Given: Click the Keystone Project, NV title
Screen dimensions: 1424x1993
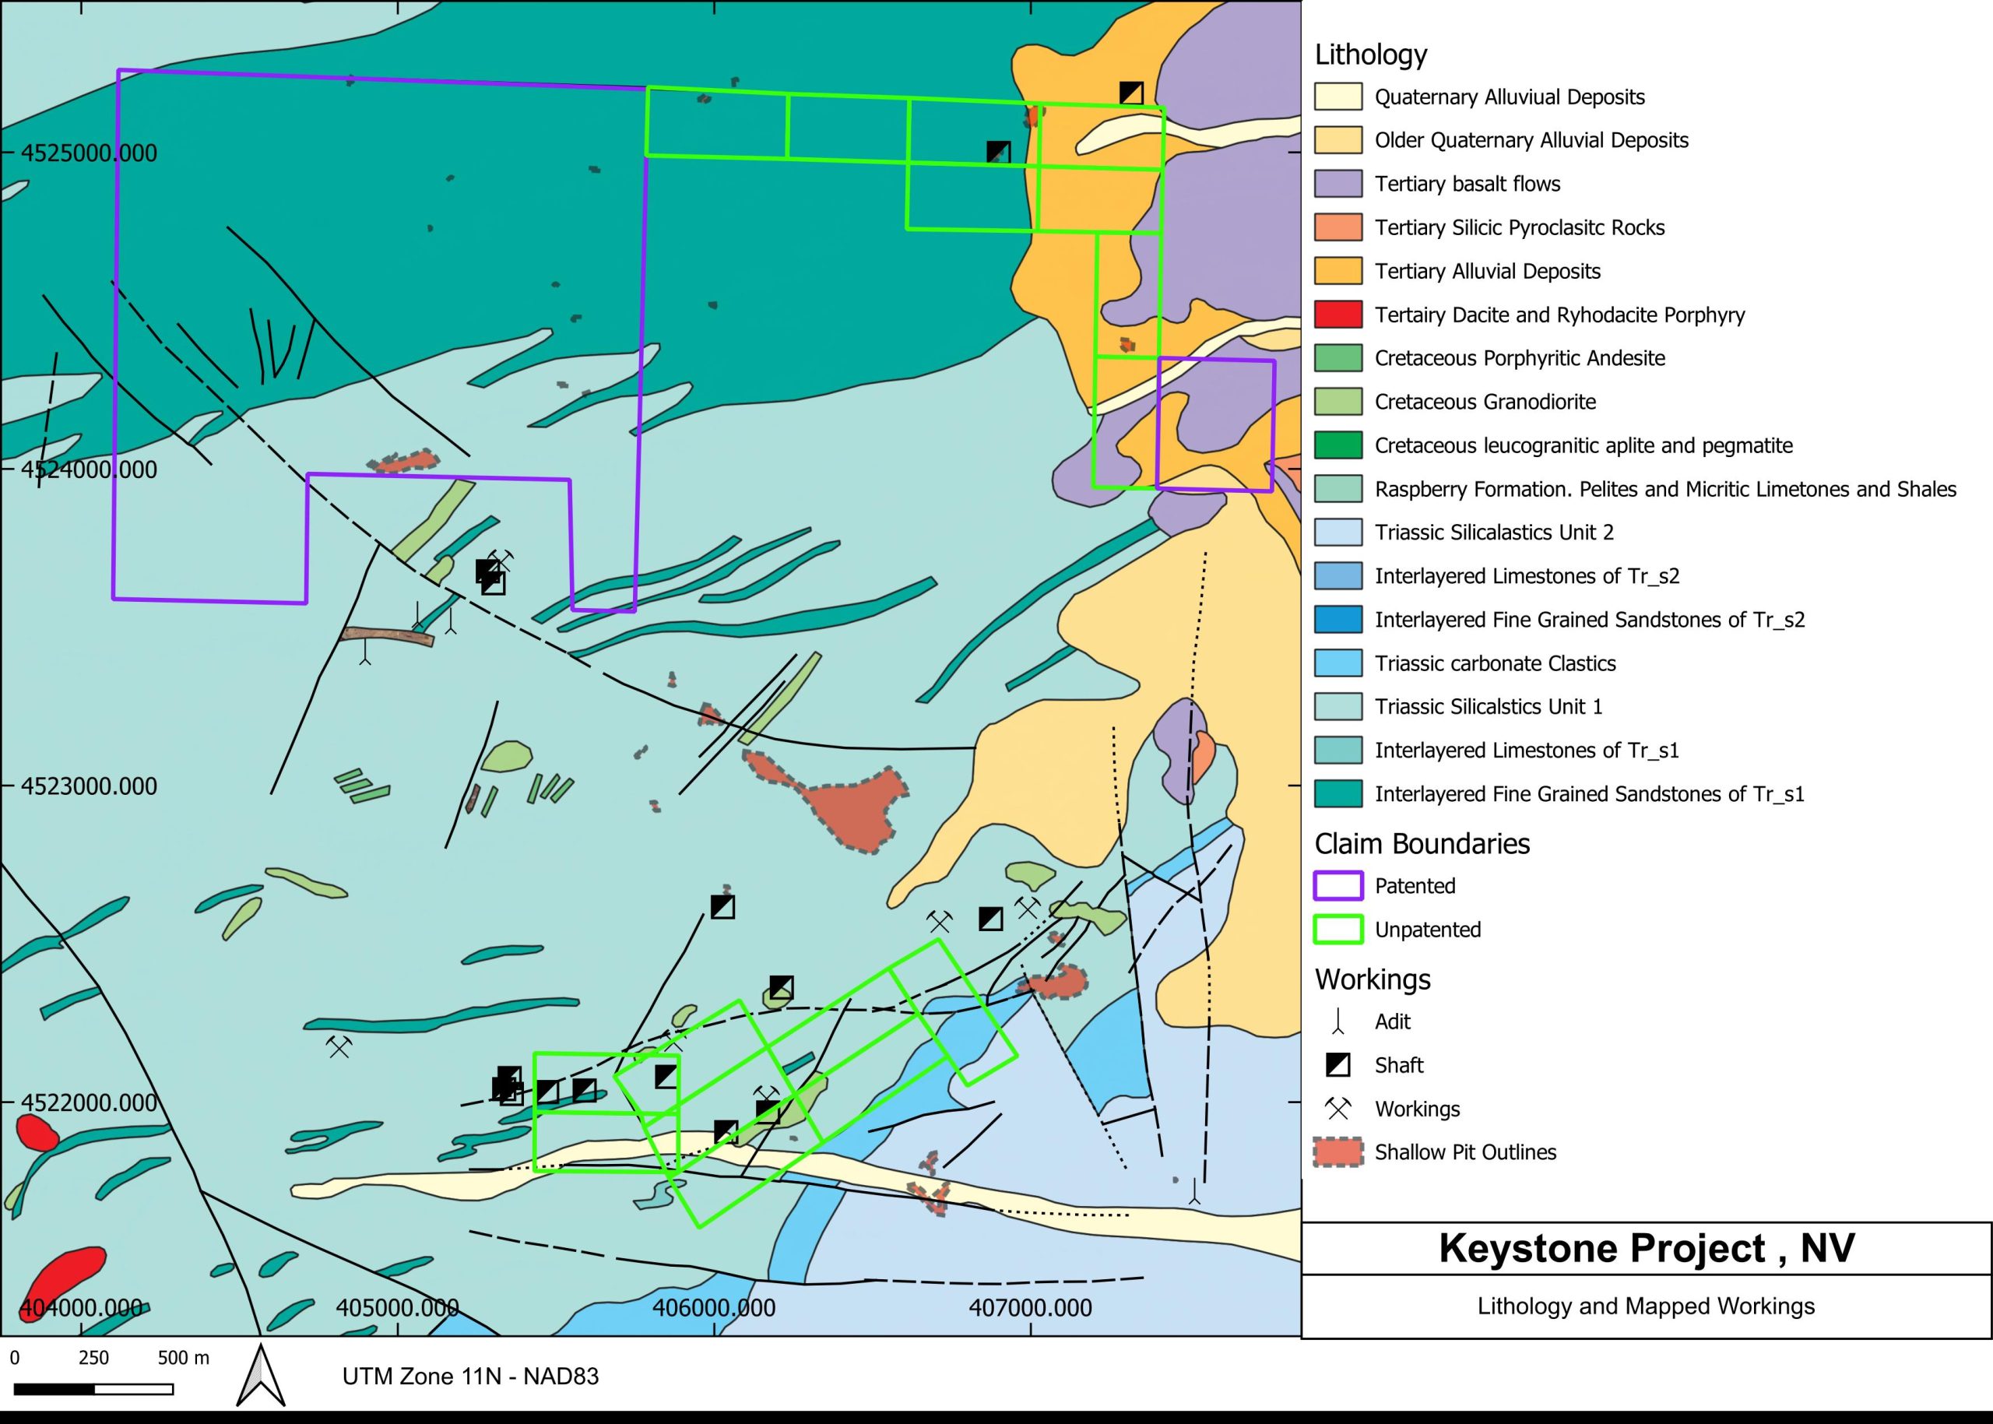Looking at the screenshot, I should (1646, 1248).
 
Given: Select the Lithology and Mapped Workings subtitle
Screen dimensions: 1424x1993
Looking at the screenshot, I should (1646, 1306).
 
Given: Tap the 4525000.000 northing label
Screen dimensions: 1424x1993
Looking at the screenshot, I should (89, 153).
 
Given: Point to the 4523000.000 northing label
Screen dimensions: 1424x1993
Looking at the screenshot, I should (89, 786).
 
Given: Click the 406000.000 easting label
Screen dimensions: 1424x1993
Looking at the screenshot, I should (714, 1307).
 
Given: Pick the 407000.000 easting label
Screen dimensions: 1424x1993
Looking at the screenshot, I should (1030, 1307).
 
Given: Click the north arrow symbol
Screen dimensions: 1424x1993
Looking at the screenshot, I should (262, 1375).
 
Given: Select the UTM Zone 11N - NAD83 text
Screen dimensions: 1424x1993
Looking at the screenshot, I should (470, 1376).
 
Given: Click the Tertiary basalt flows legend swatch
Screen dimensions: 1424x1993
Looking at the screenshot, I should (1337, 185).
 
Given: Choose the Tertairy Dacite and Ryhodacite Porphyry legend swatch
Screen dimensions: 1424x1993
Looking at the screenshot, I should (1337, 315).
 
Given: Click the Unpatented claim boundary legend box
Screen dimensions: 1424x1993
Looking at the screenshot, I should (1337, 930).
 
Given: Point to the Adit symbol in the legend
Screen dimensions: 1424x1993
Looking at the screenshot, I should (1337, 1021).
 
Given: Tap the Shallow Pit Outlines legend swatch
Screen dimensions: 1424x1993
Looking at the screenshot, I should (1337, 1152).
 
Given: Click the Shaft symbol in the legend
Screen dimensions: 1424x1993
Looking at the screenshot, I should (1337, 1065).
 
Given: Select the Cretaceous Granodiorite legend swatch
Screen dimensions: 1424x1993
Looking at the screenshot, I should (1337, 402).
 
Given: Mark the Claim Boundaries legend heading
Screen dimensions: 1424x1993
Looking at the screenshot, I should (1422, 843).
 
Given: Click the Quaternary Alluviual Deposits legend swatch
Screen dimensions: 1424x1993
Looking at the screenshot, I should (1337, 97).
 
